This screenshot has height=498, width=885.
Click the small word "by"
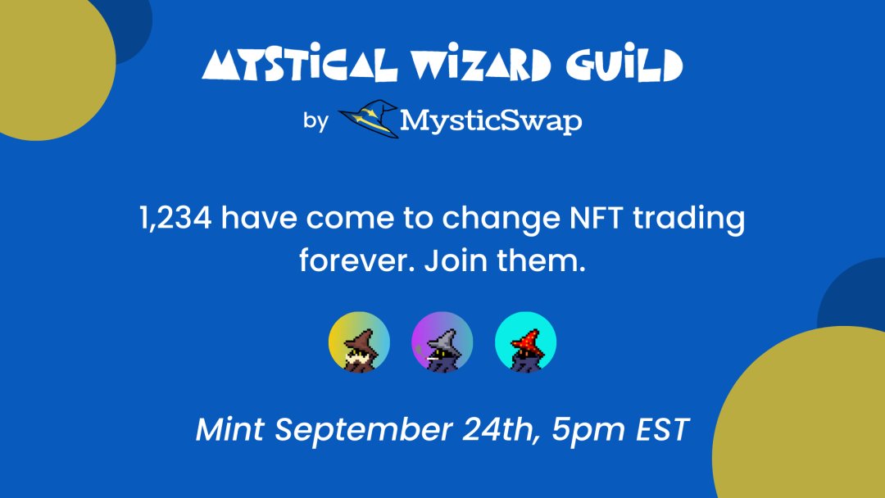click(x=315, y=121)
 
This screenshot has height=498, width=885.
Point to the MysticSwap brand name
click(x=491, y=121)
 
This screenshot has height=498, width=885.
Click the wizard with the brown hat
click(x=359, y=342)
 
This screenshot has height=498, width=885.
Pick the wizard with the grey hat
click(x=442, y=342)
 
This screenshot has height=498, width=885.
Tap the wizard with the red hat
click(x=526, y=342)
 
